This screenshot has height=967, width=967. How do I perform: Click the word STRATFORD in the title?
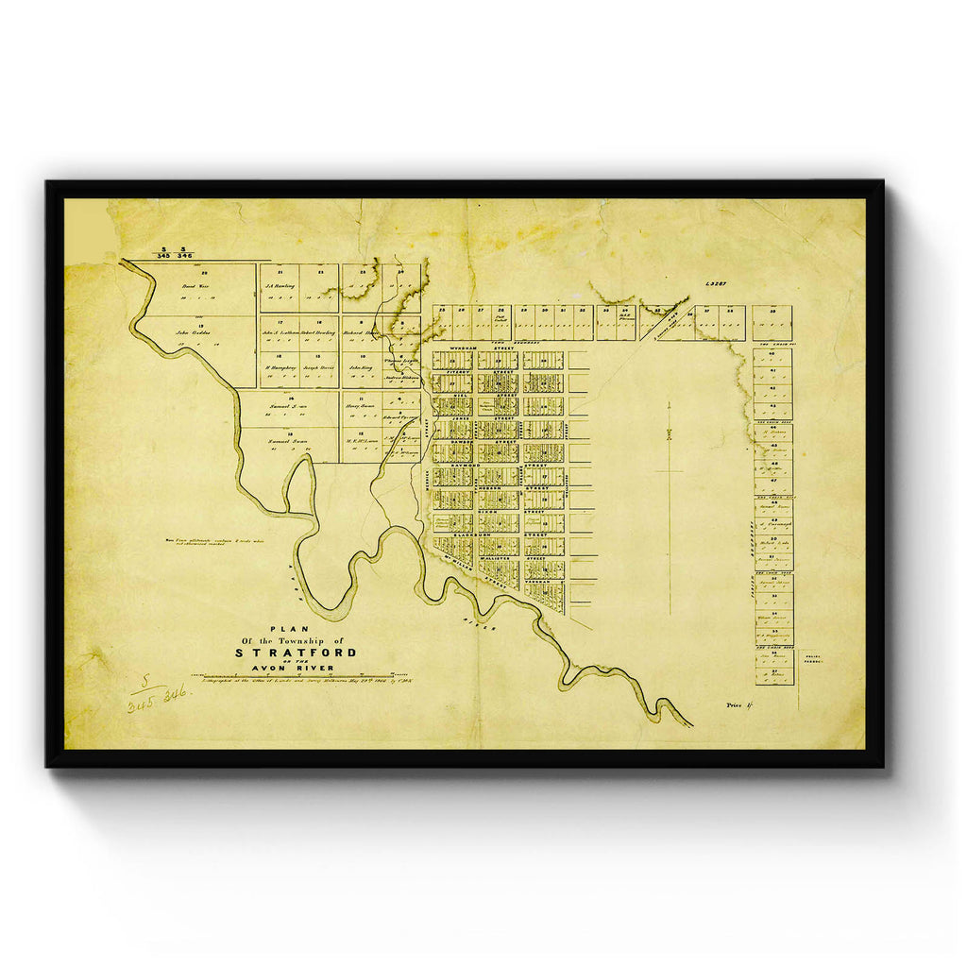pyautogui.click(x=296, y=653)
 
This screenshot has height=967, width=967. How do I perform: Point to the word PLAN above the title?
pyautogui.click(x=282, y=629)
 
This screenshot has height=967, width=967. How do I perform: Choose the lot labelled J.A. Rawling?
pyautogui.click(x=280, y=286)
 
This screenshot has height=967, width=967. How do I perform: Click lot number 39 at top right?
pyautogui.click(x=772, y=311)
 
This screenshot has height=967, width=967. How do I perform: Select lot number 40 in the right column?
pyautogui.click(x=772, y=357)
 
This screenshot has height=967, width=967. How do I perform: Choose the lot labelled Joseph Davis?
pyautogui.click(x=317, y=367)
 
